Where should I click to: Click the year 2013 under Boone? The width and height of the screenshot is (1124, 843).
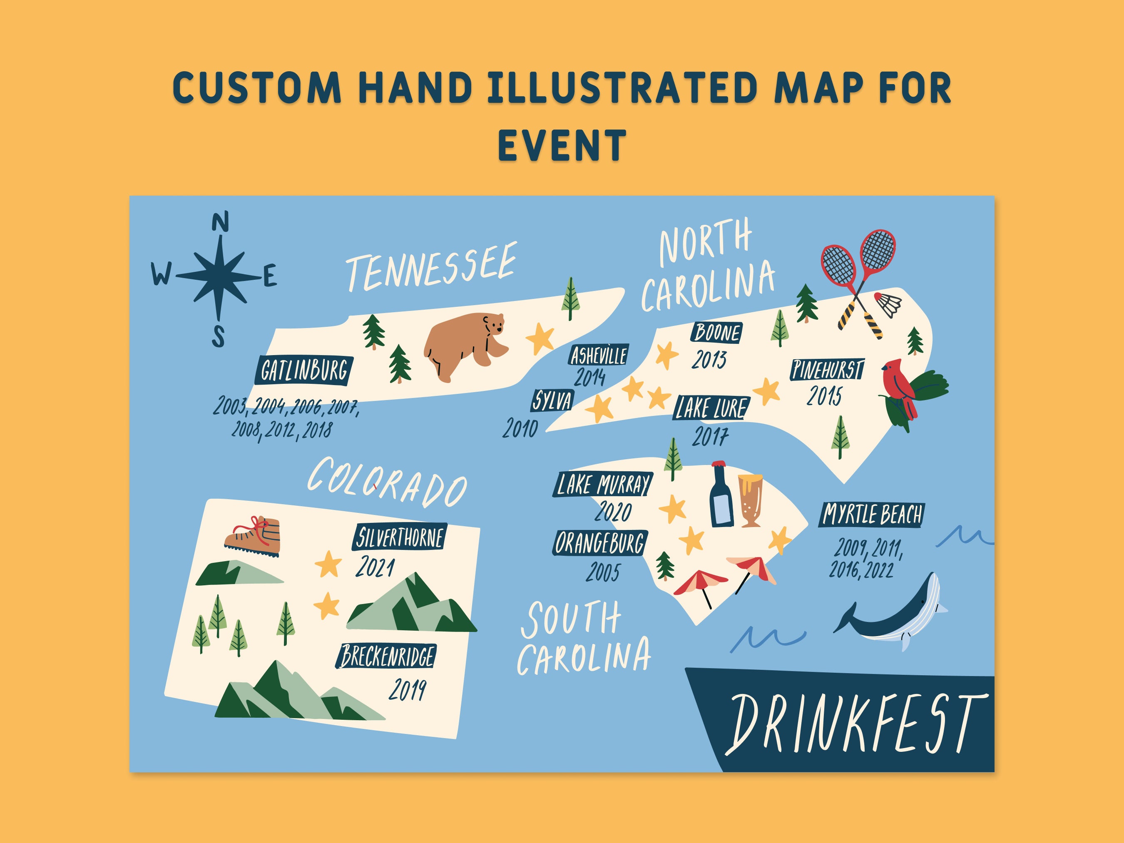pos(709,359)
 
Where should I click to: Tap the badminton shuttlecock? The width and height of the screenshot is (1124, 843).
pos(888,304)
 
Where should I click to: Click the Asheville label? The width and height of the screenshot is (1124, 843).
pos(598,355)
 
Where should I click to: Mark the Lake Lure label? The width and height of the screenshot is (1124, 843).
pos(711,408)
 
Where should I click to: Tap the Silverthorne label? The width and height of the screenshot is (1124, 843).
pos(399,537)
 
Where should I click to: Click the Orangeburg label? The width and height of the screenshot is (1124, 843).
pos(599,543)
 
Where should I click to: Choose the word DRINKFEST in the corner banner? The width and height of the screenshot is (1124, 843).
pos(854,724)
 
